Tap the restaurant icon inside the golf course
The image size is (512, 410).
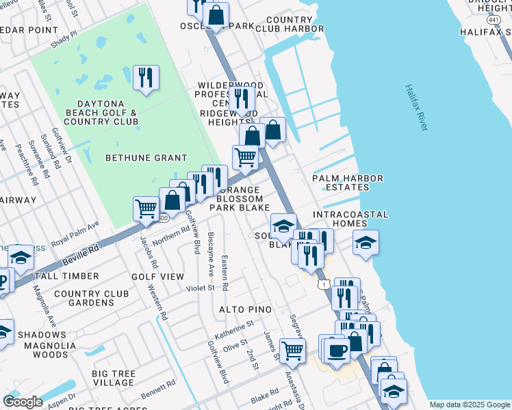[x=145, y=78]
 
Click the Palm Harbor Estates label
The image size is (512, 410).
[x=347, y=183]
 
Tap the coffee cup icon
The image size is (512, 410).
[x=335, y=351]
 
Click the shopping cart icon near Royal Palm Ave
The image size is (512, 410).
[x=146, y=208]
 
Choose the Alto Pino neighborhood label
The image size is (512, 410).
[x=245, y=310]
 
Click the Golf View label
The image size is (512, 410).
[x=157, y=276]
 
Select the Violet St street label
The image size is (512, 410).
[x=201, y=288]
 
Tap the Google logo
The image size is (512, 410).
[x=23, y=401]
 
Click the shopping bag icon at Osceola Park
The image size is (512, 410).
[x=216, y=14]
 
